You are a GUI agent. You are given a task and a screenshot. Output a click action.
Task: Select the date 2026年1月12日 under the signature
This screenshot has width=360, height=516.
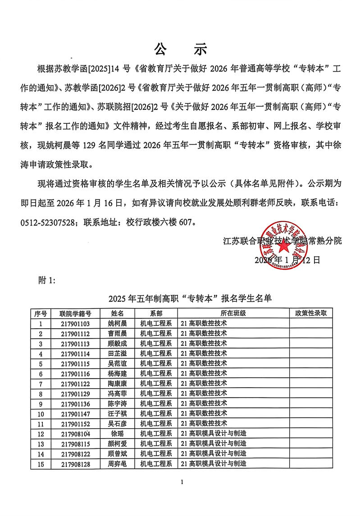click(287, 260)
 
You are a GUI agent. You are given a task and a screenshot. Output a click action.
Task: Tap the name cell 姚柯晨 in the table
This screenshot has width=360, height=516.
click(118, 323)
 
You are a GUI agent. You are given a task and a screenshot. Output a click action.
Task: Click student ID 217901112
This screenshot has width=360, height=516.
click(75, 334)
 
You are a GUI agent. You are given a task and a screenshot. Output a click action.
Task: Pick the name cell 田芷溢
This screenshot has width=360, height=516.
click(118, 353)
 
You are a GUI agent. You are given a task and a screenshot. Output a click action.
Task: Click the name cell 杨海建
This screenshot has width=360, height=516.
click(118, 373)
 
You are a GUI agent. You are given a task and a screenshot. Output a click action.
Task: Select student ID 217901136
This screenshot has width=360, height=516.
click(75, 403)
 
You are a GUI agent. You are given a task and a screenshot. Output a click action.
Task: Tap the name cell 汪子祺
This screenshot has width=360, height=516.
click(118, 413)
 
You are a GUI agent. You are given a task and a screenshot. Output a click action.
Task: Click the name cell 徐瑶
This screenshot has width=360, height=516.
click(118, 434)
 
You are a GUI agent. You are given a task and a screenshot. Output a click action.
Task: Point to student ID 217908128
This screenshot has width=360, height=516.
click(75, 464)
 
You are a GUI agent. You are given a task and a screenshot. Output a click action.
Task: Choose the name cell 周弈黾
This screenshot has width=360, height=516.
click(118, 464)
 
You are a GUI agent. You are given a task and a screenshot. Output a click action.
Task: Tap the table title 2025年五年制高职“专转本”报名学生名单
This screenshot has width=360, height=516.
click(190, 298)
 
